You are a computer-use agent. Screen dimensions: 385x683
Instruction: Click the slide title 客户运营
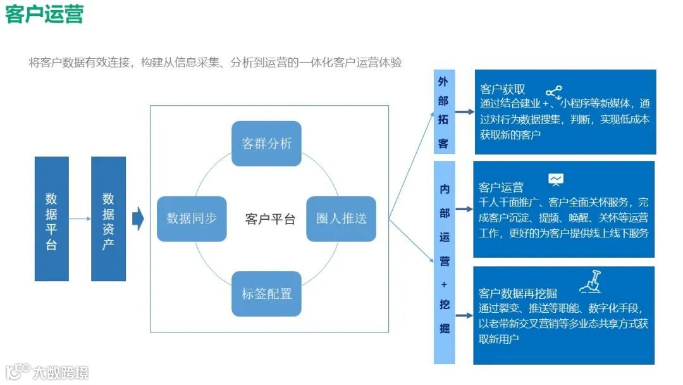44,14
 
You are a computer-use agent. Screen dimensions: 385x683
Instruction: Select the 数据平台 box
51,218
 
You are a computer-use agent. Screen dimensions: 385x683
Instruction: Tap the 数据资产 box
108,218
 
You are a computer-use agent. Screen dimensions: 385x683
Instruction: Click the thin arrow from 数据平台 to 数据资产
80,219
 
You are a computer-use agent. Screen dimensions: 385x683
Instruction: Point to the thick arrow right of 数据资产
138,218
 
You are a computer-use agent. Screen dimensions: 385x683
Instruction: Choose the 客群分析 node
266,144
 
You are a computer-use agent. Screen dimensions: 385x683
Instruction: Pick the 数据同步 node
192,218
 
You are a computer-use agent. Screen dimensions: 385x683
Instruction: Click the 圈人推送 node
341,218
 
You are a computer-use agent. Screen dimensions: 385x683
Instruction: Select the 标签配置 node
266,294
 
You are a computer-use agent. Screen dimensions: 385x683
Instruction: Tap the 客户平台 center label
270,219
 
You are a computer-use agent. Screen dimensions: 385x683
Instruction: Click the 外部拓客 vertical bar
443,112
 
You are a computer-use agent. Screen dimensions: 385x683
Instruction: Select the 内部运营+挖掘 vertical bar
444,262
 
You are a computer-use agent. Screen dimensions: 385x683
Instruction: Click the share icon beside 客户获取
553,92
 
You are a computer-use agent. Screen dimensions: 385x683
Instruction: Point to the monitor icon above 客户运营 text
556,180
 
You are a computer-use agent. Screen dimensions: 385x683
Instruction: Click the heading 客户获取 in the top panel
502,89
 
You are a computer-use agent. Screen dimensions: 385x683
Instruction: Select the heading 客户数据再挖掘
518,293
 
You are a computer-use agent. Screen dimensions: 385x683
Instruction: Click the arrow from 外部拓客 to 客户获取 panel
465,112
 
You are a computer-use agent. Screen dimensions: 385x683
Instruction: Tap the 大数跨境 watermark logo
47,372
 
